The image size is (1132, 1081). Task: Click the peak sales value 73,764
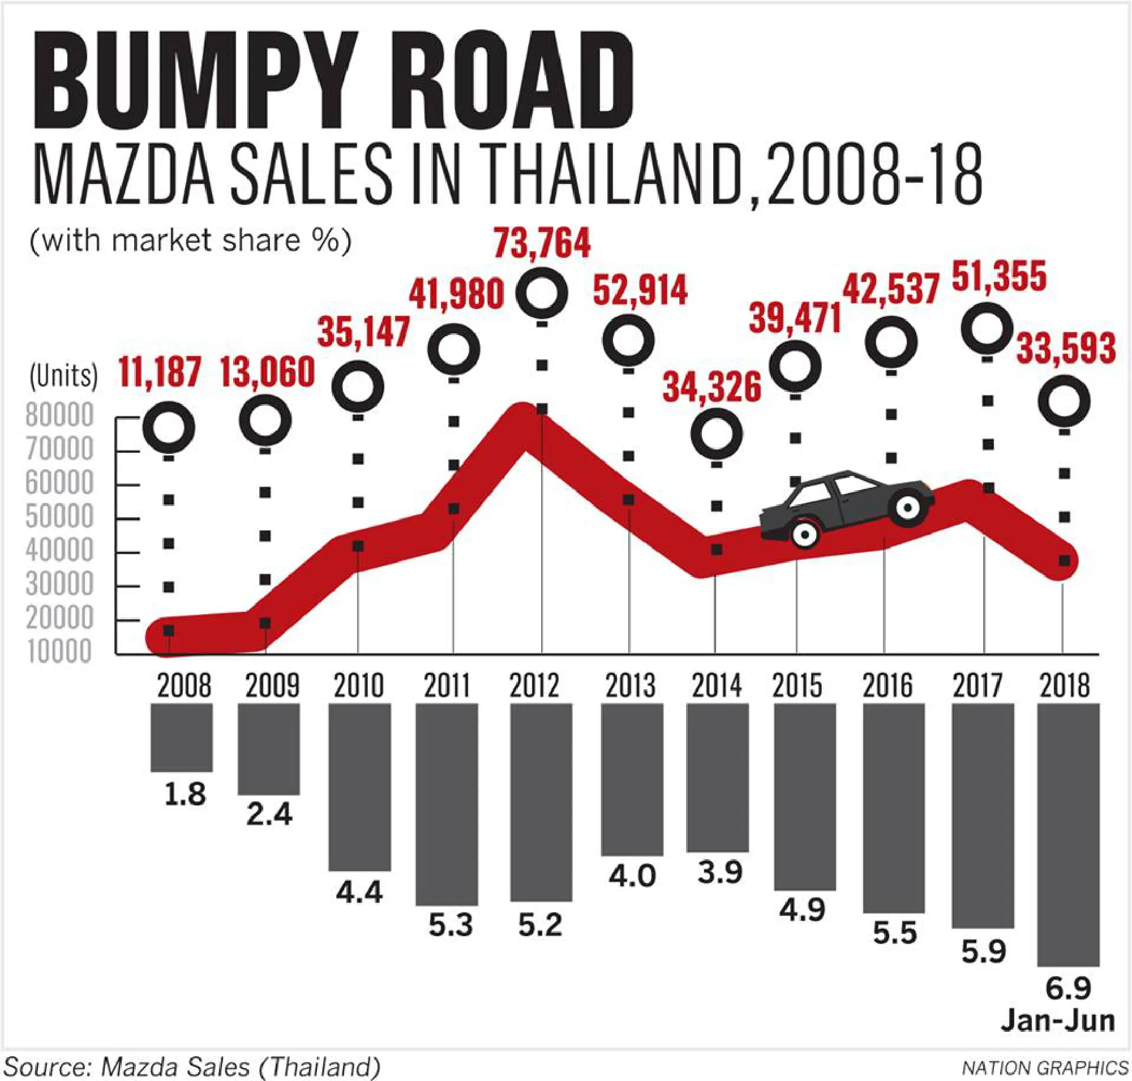tap(542, 244)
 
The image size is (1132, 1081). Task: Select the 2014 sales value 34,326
tap(712, 387)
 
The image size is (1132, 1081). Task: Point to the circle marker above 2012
tap(542, 293)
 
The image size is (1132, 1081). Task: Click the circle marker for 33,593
tap(1064, 401)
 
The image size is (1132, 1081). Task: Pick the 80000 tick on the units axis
tap(59, 415)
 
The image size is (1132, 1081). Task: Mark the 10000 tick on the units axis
tap(59, 651)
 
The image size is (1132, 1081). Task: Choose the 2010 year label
tap(358, 685)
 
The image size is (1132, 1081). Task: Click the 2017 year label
tap(977, 685)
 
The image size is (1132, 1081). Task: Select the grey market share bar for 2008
tap(182, 737)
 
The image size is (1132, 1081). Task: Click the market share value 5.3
tap(450, 925)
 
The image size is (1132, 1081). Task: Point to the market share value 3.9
tap(720, 872)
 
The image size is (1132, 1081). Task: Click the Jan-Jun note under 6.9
tap(1058, 1020)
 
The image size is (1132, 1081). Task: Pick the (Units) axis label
tap(63, 376)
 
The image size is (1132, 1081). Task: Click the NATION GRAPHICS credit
tap(1045, 1068)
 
